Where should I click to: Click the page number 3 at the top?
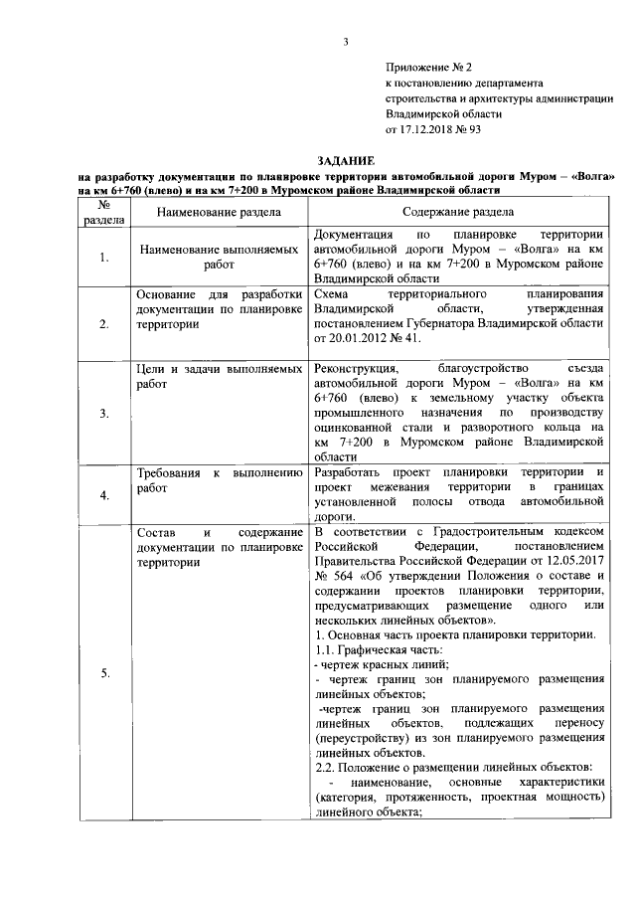(x=346, y=41)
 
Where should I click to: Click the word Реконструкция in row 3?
(x=355, y=369)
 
